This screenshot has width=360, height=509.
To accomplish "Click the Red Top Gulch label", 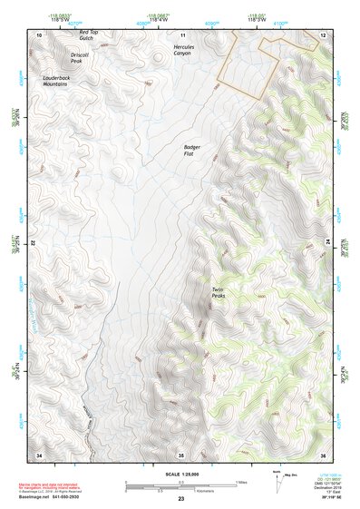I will tap(87, 35).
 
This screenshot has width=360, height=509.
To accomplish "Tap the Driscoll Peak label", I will tap(71, 58).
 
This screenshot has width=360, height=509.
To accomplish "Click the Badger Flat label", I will tap(193, 150).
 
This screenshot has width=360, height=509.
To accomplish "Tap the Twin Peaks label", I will tap(219, 293).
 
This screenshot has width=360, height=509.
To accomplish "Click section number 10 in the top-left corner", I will tap(38, 34).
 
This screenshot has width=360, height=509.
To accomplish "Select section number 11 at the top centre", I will tap(182, 34).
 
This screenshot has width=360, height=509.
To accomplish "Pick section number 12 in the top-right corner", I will tap(323, 34).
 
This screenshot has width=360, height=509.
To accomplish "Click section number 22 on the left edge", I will tap(34, 243).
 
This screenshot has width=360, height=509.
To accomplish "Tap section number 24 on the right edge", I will tap(326, 243).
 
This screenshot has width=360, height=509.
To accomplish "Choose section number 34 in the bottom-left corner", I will tap(38, 454).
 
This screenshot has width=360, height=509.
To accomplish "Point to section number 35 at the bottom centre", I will tap(180, 454).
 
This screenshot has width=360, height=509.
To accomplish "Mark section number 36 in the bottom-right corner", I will tap(323, 454).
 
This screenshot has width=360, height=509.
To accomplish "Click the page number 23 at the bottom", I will tap(180, 499).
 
